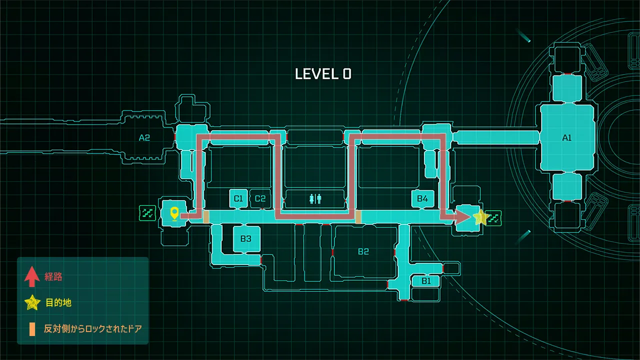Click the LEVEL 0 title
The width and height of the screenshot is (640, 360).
[323, 74]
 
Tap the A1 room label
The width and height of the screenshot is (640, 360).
[566, 138]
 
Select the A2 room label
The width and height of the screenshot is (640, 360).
[144, 137]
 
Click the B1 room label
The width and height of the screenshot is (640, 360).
[426, 281]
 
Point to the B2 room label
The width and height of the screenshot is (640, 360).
[363, 251]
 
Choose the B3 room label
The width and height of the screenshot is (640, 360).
[245, 238]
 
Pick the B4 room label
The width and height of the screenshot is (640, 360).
[422, 198]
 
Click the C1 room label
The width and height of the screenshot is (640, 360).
[238, 198]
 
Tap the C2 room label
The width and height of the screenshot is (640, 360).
[260, 198]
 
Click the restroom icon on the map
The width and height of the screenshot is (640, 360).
[315, 198]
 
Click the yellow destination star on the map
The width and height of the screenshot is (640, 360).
[481, 217]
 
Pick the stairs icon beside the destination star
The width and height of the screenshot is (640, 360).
[494, 217]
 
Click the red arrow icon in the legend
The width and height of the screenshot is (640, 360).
[32, 276]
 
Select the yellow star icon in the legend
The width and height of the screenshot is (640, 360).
[32, 302]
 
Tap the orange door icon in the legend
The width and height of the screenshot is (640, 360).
[32, 328]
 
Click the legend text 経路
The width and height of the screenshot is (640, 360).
[53, 276]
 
